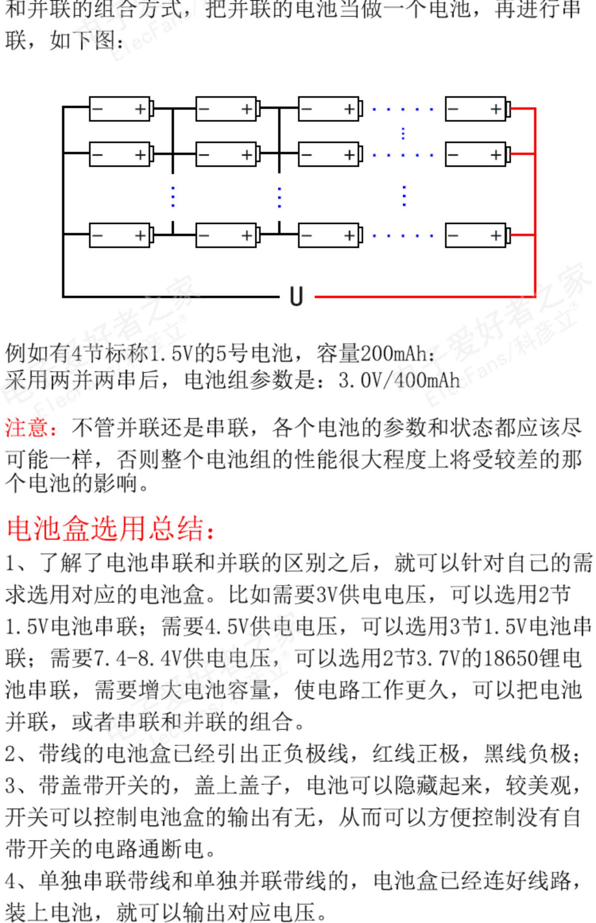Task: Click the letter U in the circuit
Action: [296, 297]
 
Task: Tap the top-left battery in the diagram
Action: [120, 109]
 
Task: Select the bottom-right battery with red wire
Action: [476, 235]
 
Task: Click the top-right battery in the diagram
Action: [476, 109]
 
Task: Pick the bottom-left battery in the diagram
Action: [120, 235]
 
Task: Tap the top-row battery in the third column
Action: [329, 109]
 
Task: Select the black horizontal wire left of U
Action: [171, 297]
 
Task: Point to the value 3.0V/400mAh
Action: [399, 381]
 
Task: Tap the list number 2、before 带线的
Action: [16, 753]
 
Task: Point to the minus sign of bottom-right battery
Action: [453, 235]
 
